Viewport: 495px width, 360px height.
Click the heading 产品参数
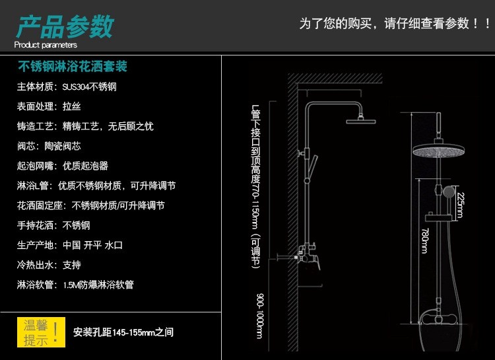(65, 27)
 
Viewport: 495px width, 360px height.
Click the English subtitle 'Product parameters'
(46, 45)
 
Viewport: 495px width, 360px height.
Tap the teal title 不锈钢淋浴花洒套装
(72, 67)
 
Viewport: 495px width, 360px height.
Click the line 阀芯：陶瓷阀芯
(49, 146)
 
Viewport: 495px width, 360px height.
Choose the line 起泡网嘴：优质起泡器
(62, 166)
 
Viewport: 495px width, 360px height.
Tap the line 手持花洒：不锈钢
(53, 225)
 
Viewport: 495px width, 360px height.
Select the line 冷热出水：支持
(49, 265)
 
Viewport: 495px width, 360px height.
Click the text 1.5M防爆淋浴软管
(99, 285)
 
